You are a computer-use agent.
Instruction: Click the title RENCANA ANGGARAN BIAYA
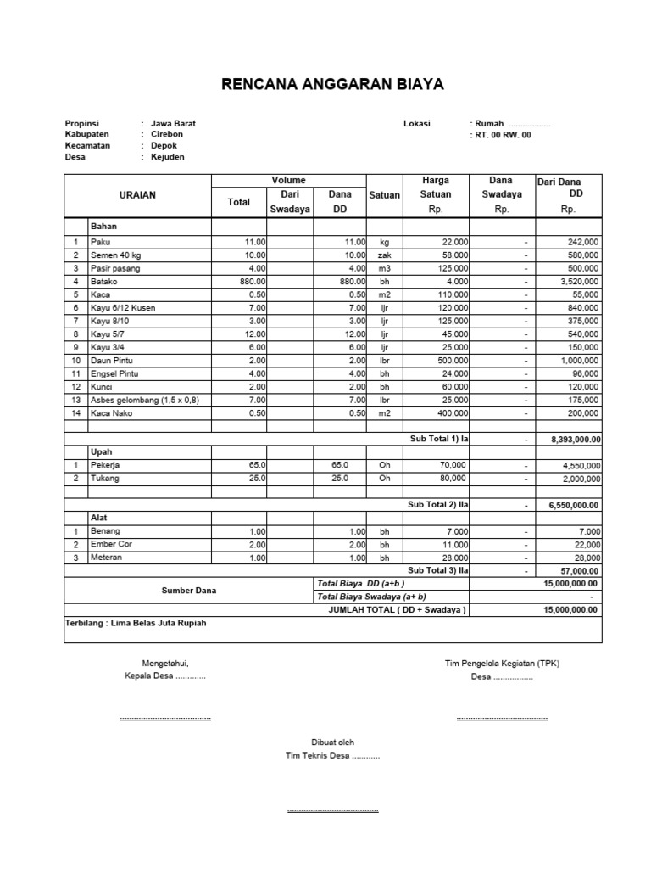331,84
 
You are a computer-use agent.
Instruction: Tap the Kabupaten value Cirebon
166,134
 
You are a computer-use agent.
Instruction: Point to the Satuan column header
384,195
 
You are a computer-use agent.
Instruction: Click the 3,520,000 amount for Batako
579,281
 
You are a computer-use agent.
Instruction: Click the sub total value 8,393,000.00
575,440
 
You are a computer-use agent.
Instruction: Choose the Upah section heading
101,452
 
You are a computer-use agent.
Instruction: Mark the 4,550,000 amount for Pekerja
579,466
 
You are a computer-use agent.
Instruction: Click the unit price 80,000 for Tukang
451,479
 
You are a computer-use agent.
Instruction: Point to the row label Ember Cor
110,544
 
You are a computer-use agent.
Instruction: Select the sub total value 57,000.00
578,571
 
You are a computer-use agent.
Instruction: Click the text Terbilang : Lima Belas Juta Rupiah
136,623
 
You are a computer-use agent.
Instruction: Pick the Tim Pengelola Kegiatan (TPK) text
502,664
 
